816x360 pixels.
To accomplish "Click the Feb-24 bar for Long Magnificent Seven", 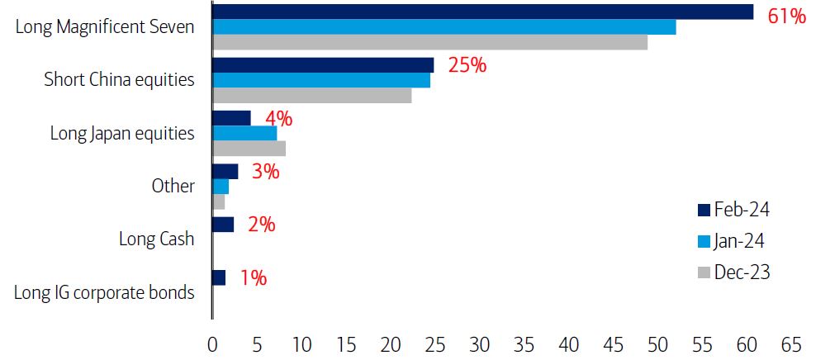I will pos(482,12).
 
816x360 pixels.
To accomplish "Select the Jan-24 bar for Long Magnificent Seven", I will pos(444,27).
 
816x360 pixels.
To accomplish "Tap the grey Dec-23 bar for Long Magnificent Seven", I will pos(429,42).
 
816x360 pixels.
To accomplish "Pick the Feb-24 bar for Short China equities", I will pos(323,65).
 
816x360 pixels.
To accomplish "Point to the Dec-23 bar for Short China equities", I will pos(312,96).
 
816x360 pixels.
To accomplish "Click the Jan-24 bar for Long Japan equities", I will pos(244,133).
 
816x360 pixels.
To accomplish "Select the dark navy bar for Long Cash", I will pos(223,225).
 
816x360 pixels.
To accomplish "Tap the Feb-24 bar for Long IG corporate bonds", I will pos(219,277).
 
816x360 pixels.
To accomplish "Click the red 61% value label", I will pos(785,16).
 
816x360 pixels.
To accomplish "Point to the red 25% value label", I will pos(467,65).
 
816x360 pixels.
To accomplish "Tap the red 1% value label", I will pos(253,278).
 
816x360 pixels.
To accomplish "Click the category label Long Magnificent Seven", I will pos(106,26).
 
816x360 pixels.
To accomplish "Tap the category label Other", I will pos(173,186).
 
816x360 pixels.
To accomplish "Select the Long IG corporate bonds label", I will pos(105,292).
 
